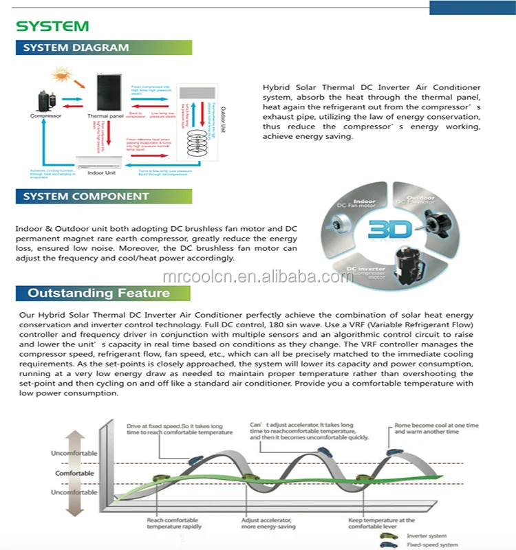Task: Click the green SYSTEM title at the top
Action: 52,26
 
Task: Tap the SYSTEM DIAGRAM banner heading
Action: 76,47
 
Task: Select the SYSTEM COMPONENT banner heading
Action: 85,196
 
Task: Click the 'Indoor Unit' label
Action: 101,173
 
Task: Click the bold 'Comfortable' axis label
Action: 74,473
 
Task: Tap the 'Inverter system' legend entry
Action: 427,536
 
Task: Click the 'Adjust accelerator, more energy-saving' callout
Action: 268,524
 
